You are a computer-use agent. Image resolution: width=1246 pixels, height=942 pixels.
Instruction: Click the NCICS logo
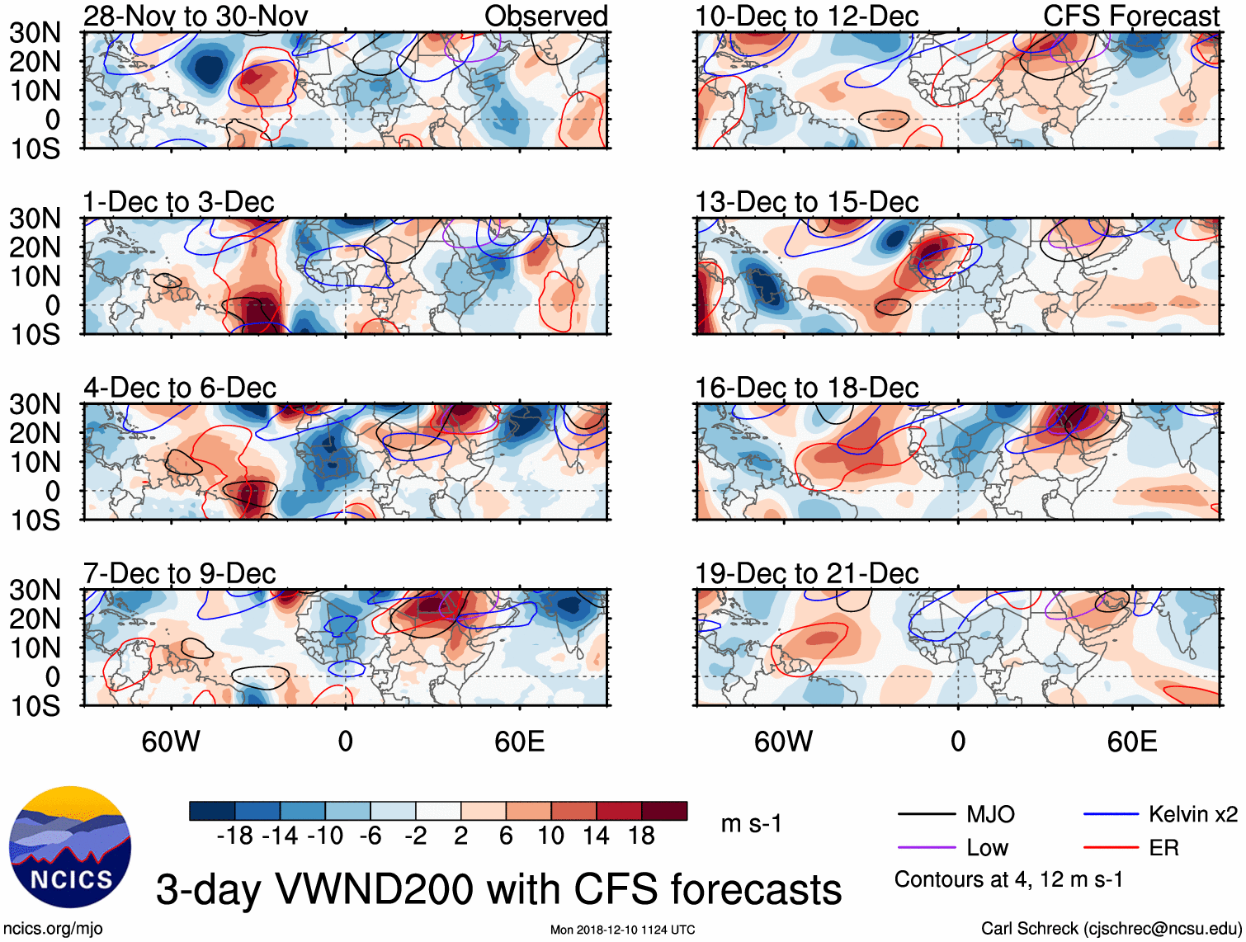[70, 847]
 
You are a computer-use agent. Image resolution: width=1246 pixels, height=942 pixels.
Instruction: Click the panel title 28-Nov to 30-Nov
[196, 16]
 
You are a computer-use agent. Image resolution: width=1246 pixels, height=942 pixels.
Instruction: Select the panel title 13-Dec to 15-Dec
[806, 202]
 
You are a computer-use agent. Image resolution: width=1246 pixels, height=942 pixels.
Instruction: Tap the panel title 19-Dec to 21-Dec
[806, 573]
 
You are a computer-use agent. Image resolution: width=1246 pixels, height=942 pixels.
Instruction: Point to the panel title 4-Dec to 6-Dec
[180, 388]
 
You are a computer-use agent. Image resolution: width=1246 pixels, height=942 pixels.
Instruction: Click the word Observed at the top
[545, 16]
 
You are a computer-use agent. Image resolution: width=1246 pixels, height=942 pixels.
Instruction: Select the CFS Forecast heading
[1130, 16]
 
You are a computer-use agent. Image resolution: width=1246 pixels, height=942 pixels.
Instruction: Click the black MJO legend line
[927, 815]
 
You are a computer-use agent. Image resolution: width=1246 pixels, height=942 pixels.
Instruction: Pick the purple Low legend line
[927, 848]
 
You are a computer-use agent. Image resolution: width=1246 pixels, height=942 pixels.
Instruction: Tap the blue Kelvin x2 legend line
[1111, 815]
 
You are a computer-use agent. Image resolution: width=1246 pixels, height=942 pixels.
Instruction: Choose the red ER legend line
[1111, 848]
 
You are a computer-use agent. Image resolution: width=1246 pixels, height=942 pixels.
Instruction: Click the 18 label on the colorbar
[641, 836]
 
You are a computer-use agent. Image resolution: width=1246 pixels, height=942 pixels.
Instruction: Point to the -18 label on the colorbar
[234, 836]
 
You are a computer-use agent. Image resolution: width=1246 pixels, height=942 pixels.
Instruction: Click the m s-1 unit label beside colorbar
[751, 824]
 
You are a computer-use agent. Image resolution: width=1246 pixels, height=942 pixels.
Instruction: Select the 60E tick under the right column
[1131, 742]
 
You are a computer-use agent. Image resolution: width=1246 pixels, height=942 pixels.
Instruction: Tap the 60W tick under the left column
[171, 742]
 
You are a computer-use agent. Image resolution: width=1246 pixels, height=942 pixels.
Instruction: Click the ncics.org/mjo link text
[54, 929]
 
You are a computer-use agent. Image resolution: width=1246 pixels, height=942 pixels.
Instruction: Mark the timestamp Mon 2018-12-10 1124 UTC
[622, 930]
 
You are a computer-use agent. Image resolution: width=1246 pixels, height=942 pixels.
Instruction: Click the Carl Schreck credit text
[1111, 929]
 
